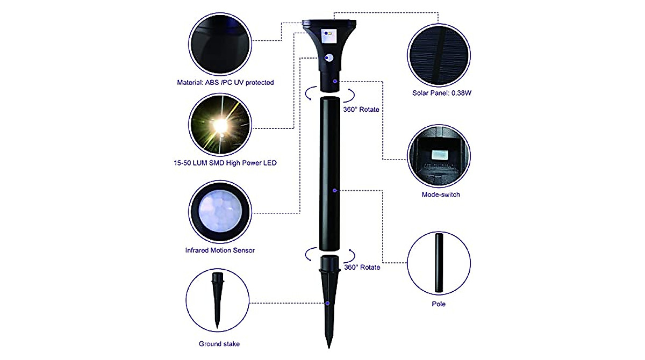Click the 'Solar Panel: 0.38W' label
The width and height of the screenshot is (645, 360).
[x=439, y=93]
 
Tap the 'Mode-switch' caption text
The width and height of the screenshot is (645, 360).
[x=440, y=195]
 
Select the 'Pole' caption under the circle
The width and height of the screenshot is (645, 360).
[x=439, y=304]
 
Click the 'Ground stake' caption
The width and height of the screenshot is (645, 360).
[x=219, y=344]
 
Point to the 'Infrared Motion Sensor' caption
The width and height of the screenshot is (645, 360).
[x=220, y=250]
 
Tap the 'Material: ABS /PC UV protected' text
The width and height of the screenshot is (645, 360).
[x=225, y=83]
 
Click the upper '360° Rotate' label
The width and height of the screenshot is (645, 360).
[x=361, y=109]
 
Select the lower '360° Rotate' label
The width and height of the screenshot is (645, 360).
[x=362, y=267]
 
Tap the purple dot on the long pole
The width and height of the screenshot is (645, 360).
[x=335, y=190]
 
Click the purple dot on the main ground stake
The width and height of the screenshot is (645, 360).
[x=328, y=304]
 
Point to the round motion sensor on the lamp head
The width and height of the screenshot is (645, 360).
[x=329, y=58]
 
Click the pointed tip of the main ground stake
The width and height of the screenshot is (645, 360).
[x=329, y=347]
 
